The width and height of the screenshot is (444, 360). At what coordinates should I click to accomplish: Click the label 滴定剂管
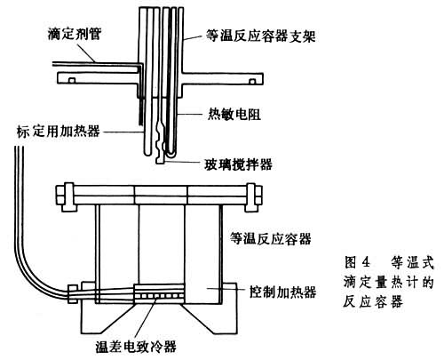[x=75, y=34]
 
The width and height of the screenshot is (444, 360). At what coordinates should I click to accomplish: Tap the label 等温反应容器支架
[x=260, y=36]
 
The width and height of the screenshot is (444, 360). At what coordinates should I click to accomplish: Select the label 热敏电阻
[x=234, y=114]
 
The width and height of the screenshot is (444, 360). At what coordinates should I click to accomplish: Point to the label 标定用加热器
[x=59, y=132]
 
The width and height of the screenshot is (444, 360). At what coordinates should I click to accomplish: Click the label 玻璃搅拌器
[x=238, y=164]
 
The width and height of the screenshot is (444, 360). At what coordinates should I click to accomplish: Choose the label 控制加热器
[x=282, y=292]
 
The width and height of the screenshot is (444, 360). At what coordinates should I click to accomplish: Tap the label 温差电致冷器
[x=136, y=346]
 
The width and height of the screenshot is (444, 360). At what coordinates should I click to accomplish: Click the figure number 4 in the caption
[x=366, y=262]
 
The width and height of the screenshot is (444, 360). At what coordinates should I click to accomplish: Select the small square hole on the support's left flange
[x=72, y=80]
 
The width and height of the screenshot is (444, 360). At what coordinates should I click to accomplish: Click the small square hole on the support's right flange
[x=252, y=81]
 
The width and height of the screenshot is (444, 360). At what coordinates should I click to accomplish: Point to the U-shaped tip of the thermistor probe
[x=170, y=154]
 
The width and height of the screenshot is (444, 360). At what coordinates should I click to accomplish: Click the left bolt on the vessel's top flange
[x=67, y=196]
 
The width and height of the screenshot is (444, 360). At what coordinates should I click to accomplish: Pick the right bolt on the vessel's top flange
[x=252, y=196]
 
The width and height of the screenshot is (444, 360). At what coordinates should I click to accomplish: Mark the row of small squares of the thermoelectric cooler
[x=159, y=296]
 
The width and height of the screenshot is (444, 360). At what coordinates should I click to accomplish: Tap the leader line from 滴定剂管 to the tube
[x=86, y=52]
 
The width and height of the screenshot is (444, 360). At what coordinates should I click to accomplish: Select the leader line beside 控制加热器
[x=227, y=289]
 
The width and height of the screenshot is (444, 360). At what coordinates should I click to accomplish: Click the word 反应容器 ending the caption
[x=373, y=301]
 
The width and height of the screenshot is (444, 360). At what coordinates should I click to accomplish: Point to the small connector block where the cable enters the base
[x=73, y=293]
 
